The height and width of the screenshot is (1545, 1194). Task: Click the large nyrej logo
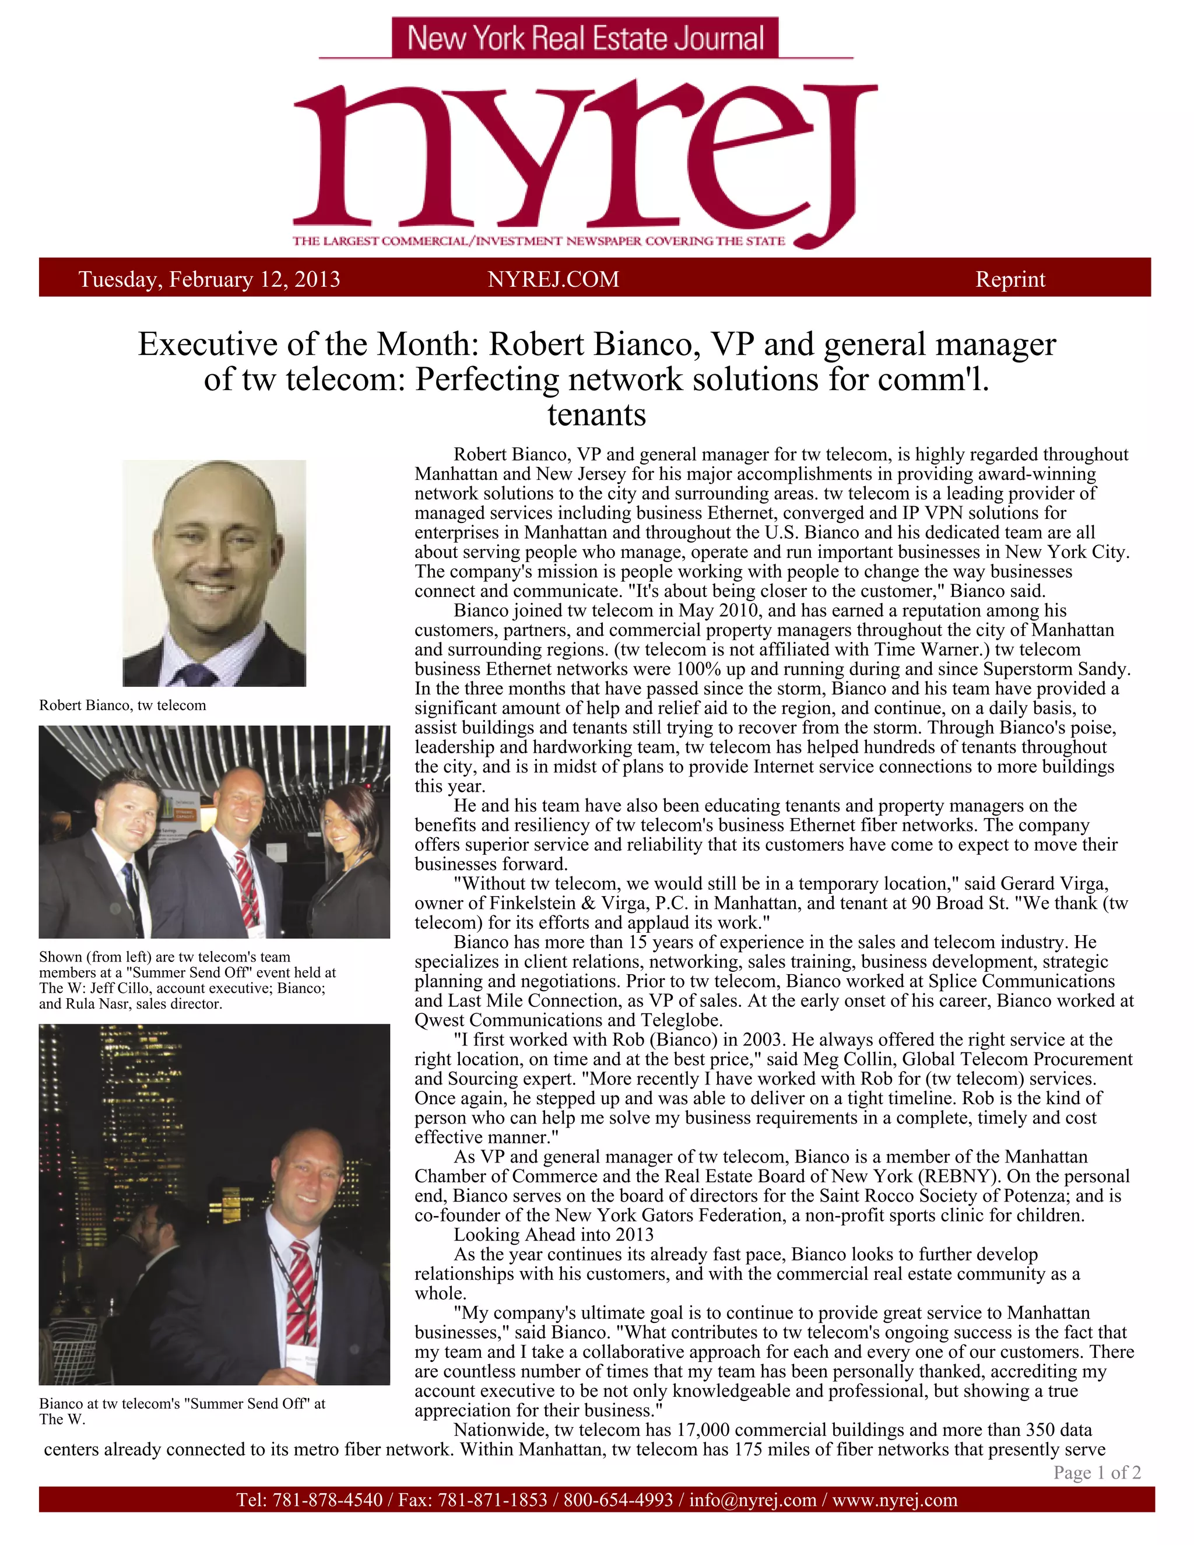(584, 159)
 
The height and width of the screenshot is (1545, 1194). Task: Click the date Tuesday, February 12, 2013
(209, 279)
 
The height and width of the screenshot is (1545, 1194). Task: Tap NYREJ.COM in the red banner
(553, 279)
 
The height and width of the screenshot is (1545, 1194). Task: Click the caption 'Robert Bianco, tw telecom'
(122, 705)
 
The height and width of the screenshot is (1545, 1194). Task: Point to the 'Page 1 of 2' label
(1097, 1472)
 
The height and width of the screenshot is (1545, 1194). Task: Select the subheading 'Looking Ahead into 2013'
(553, 1234)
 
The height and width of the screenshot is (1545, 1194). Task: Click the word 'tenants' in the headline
(596, 415)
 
